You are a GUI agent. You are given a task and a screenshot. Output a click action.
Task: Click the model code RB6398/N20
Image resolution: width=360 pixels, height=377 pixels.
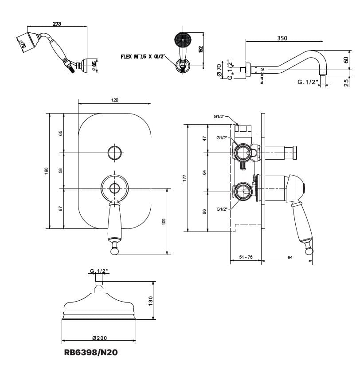click(91, 353)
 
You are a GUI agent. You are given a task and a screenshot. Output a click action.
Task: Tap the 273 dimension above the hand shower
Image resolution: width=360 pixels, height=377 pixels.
click(57, 24)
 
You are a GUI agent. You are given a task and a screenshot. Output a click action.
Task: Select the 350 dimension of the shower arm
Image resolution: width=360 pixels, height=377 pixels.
click(282, 38)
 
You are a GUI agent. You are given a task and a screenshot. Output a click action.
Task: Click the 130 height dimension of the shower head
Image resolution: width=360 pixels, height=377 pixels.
click(150, 300)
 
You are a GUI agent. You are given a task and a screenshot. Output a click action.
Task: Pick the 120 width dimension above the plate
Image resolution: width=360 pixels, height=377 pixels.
click(114, 100)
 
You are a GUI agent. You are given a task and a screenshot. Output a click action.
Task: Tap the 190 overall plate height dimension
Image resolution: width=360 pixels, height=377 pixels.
click(46, 171)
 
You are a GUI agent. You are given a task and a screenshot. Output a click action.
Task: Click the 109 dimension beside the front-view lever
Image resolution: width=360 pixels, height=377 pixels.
click(164, 221)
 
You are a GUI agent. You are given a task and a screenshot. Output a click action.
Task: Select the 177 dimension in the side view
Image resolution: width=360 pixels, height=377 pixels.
click(185, 177)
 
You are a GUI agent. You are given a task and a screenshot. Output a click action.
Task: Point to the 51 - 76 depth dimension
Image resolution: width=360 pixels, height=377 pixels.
click(246, 257)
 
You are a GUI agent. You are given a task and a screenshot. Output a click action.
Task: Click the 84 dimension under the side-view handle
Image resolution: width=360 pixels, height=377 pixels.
click(290, 257)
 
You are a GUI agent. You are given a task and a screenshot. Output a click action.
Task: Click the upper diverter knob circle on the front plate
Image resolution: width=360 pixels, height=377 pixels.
click(115, 152)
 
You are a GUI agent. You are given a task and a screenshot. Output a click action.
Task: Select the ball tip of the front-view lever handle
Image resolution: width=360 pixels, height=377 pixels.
click(115, 251)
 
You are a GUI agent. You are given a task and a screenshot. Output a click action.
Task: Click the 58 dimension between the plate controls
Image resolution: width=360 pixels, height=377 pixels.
click(61, 170)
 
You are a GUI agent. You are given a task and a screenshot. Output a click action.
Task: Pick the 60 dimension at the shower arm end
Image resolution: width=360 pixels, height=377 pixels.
click(346, 59)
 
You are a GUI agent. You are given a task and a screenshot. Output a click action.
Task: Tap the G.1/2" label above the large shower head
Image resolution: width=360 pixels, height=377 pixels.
click(99, 271)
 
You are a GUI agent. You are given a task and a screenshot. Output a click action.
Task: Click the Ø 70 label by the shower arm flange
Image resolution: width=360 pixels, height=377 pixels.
click(219, 70)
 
